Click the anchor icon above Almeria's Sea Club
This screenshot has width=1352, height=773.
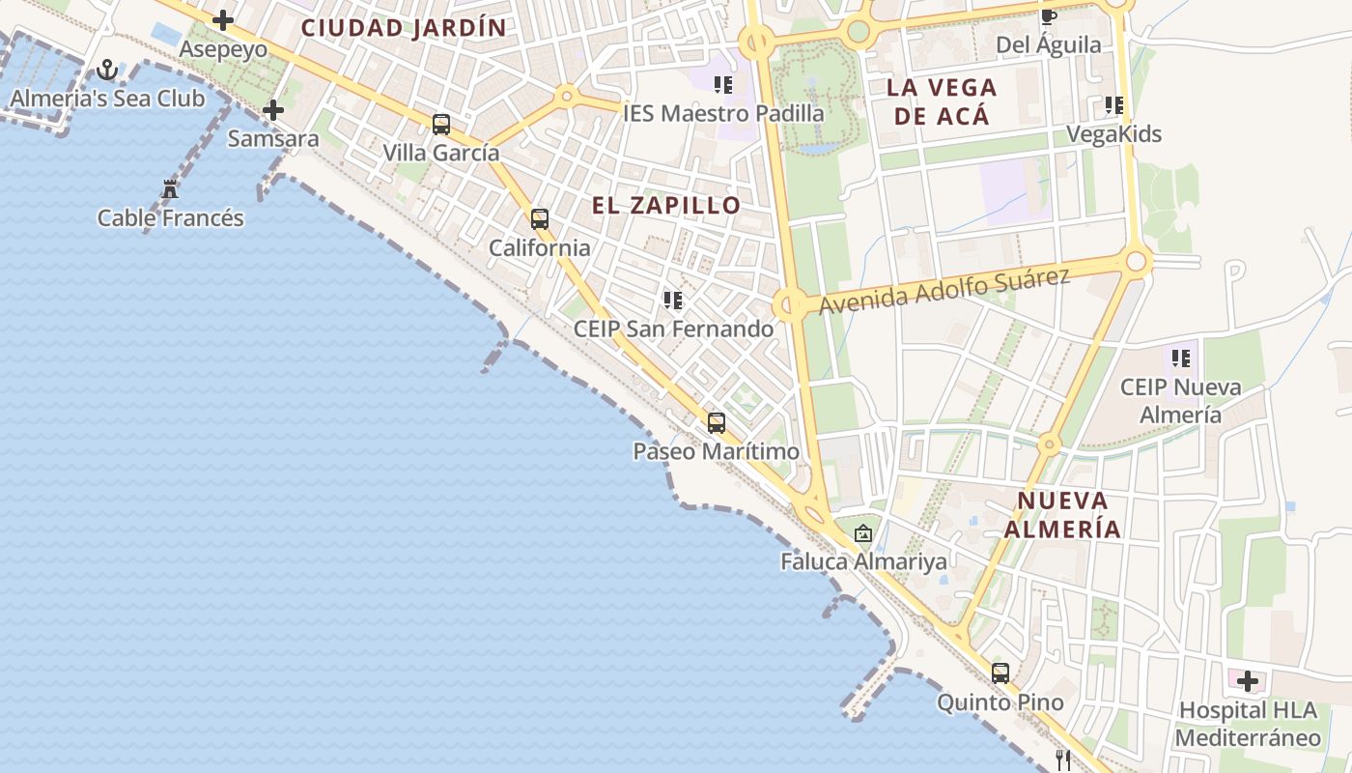pos(107,70)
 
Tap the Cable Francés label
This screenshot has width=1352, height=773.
pos(171,218)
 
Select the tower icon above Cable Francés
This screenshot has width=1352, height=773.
pos(171,188)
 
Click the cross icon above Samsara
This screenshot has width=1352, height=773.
pos(273,110)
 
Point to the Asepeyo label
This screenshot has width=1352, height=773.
pos(223,49)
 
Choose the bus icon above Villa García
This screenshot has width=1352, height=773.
pos(441,125)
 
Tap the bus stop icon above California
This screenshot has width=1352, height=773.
pos(540,219)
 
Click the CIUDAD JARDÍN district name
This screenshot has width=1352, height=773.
pos(404,28)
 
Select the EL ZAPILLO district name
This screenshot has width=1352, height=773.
pos(666,205)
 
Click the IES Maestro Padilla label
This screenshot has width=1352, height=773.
pos(723,113)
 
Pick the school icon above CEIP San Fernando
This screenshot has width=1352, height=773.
pos(673,301)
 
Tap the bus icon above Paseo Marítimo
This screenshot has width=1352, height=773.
pos(717,423)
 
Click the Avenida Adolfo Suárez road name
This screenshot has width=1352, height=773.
pos(944,291)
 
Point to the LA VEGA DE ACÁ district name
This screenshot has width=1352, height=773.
pos(942,101)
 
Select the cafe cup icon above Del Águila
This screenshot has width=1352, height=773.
pos(1049,16)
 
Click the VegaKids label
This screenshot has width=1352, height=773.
pos(1113,134)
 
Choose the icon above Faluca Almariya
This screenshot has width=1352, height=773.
pos(863,532)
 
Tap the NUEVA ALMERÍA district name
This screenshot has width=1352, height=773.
pos(1062,514)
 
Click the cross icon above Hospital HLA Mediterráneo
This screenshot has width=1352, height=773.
pos(1248,681)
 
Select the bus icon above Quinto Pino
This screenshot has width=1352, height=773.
pos(1000,673)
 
